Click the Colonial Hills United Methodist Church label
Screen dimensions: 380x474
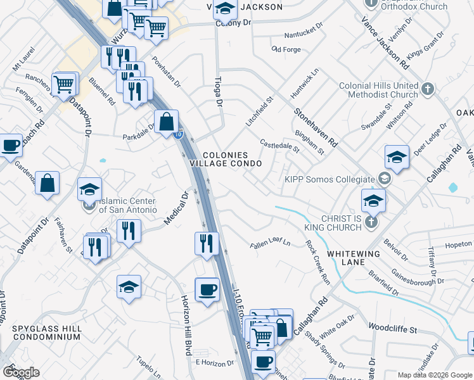[x=379, y=90]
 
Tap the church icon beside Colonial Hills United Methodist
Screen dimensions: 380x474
[x=428, y=88]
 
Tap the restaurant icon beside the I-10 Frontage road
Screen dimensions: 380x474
[x=207, y=244]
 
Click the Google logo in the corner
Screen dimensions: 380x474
[x=20, y=372]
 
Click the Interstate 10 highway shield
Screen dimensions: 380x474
[x=179, y=134]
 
